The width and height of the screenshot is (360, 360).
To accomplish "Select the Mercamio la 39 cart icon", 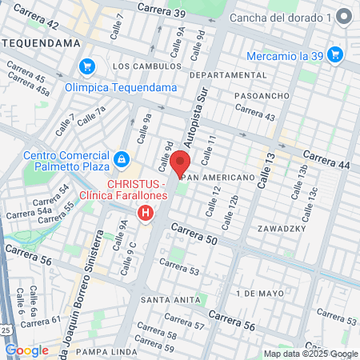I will coord(336,54).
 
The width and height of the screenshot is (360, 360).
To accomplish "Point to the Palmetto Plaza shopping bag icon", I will coord(121,159).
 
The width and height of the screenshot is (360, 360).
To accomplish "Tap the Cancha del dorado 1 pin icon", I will coord(343,17).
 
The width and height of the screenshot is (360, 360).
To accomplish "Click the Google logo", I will coord(26,350).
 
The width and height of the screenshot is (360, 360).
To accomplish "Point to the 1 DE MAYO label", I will coord(260,294).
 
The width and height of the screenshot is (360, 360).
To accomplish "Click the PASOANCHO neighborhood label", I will coord(260,95).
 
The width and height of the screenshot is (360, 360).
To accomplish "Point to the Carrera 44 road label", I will coord(326,160).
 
